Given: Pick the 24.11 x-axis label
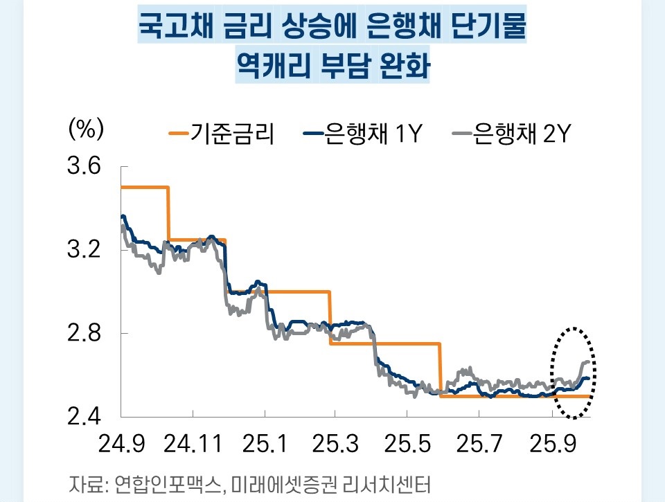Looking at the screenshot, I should (193, 444).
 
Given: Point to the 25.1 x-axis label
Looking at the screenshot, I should (266, 444).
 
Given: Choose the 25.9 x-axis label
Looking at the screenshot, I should (551, 444).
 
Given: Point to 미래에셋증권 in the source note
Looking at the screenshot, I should (285, 483).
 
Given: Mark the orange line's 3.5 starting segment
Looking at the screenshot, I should (145, 187).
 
